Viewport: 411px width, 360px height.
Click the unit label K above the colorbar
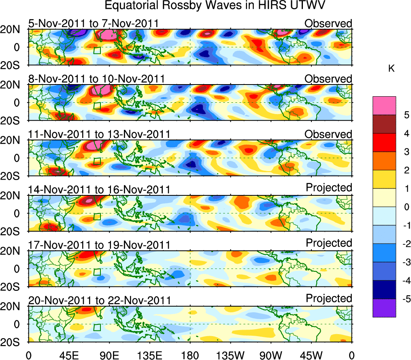pyautogui.click(x=392, y=69)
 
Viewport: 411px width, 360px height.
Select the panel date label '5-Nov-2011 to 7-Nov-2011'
pyautogui.click(x=93, y=23)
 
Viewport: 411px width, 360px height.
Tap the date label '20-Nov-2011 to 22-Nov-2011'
pyautogui.click(x=99, y=300)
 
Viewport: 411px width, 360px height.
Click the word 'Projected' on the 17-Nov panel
pyautogui.click(x=329, y=243)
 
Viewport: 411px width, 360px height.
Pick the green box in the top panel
pyautogui.click(x=97, y=50)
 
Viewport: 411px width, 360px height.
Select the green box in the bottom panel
pyautogui.click(x=97, y=327)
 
